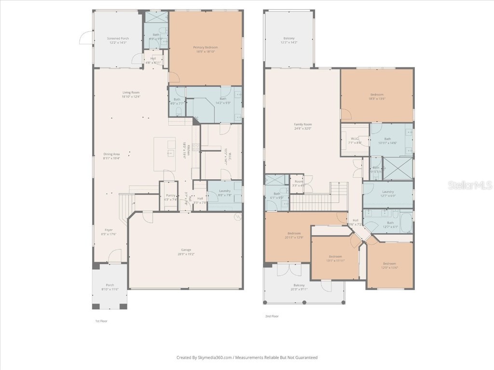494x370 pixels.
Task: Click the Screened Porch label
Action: tap(118, 38)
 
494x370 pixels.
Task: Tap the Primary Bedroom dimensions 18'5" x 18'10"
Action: tap(205, 52)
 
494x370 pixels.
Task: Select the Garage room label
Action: tap(186, 250)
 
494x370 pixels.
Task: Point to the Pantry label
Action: tap(170, 195)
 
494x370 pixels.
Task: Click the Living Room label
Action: tap(131, 92)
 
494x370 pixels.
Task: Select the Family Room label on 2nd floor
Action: tap(303, 124)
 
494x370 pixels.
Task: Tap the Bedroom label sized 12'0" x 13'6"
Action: tap(390, 264)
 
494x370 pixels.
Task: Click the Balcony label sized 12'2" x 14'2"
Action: tap(288, 38)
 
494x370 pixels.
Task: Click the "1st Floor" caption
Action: tap(101, 320)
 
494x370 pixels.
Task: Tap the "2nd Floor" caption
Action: tap(272, 317)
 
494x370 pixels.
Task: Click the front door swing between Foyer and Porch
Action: tap(114, 256)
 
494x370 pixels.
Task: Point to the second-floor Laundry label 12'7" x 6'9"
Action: tap(387, 192)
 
